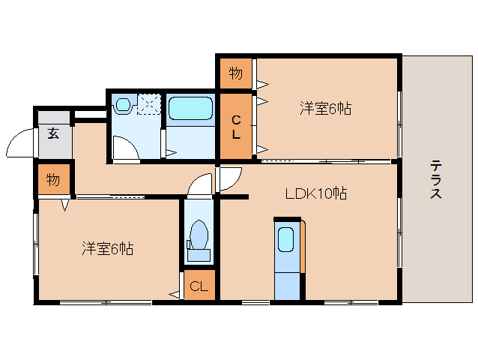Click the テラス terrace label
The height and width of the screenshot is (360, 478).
[x=435, y=180]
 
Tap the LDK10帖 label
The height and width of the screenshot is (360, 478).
[x=315, y=193]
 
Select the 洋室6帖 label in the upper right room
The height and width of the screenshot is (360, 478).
[x=326, y=109]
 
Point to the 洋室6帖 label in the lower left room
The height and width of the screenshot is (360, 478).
[x=108, y=249]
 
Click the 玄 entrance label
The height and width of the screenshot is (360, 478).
[x=54, y=134]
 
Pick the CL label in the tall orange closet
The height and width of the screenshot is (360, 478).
[x=235, y=127]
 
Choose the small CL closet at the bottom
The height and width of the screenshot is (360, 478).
[x=199, y=286]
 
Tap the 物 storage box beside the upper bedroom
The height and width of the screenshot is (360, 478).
[x=235, y=73]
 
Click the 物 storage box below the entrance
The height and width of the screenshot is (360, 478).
[x=53, y=180]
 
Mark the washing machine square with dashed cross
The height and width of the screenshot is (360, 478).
[x=148, y=103]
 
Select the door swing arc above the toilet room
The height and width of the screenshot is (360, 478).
[x=201, y=184]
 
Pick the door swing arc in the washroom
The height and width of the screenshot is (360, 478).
[x=125, y=148]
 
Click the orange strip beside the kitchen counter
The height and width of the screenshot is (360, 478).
[x=303, y=247]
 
